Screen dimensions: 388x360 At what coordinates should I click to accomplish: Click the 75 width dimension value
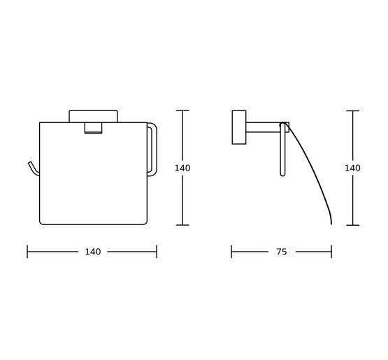[x=282, y=252]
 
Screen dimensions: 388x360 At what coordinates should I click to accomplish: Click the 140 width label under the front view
[x=93, y=252]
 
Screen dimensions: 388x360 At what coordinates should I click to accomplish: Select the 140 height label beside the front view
[x=182, y=168]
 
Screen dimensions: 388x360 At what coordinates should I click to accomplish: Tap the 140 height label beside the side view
[x=352, y=168]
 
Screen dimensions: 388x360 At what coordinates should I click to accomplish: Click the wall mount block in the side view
[x=239, y=127]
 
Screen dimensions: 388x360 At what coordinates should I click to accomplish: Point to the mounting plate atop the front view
[x=93, y=116]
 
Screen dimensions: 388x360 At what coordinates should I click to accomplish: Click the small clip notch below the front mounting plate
[x=93, y=128]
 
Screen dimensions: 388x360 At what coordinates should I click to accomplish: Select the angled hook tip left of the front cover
[x=33, y=168]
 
